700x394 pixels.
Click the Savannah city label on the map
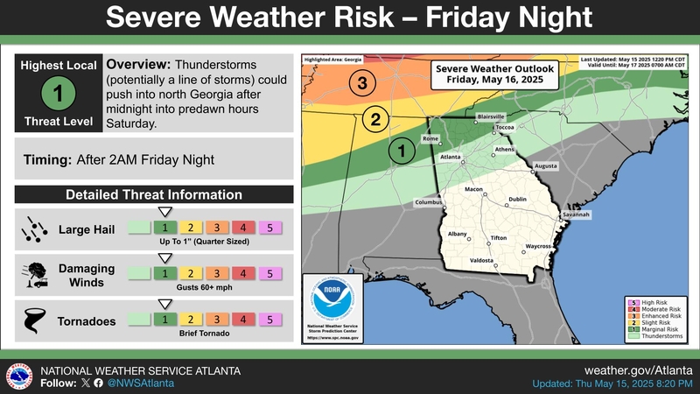(x=577, y=215)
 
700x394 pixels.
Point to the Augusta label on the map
(x=545, y=165)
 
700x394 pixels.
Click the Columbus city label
(x=429, y=203)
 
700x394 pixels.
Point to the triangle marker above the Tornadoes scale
(x=163, y=303)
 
